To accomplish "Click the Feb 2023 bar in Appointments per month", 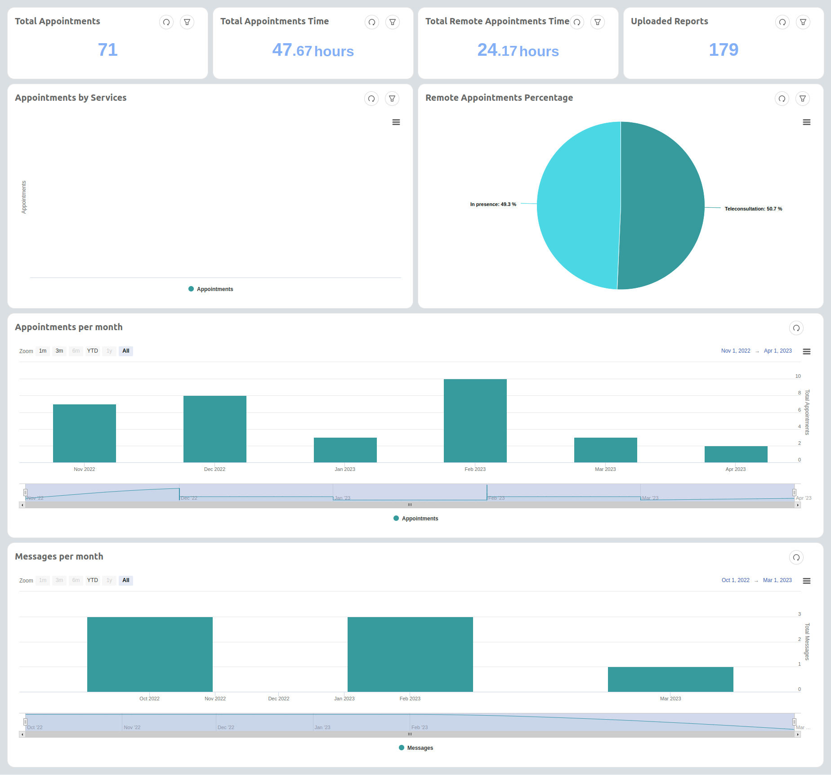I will [475, 421].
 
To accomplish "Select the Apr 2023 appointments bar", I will [736, 454].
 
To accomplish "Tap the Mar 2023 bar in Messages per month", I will [670, 679].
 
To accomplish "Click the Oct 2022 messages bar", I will [150, 654].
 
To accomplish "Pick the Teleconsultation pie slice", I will [661, 205].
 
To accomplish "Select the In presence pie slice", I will [578, 205].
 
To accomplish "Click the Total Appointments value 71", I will [108, 49].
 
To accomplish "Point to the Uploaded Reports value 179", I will [723, 49].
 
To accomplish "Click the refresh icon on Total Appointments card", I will [166, 22].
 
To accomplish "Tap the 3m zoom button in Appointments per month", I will [59, 351].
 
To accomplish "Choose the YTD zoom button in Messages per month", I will [92, 580].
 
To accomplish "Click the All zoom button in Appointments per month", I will [126, 351].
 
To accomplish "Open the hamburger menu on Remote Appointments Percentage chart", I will [807, 122].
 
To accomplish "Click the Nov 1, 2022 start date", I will [736, 351].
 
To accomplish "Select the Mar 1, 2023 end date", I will [777, 580].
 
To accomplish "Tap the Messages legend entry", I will [420, 748].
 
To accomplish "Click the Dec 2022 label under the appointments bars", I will [214, 469].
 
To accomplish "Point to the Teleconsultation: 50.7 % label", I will [753, 209].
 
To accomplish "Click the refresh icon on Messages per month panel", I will [796, 557].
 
